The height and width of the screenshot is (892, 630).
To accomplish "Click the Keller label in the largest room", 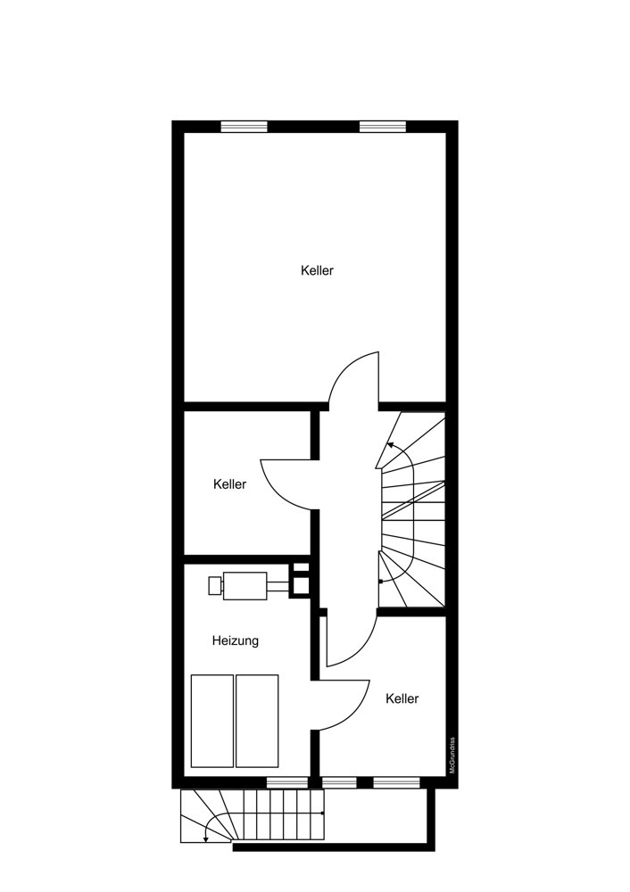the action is (x=317, y=271).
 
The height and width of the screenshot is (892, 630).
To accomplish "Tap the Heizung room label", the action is (x=235, y=641).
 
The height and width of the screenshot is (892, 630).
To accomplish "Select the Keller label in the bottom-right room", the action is (x=402, y=698).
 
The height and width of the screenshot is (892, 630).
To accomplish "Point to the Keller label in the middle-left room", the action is (x=230, y=484).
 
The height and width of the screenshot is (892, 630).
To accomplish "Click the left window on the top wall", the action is (x=245, y=127).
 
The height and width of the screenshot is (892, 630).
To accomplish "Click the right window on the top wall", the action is (x=383, y=127).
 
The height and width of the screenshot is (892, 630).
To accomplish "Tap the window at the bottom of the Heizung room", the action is (x=287, y=783).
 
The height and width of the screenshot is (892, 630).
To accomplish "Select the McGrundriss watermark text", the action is (x=452, y=756).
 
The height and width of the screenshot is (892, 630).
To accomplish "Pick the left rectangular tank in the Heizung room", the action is (x=212, y=721).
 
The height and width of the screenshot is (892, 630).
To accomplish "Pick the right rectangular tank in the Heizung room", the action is (x=257, y=721).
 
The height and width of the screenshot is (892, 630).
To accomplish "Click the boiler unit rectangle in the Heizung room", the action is (x=245, y=586).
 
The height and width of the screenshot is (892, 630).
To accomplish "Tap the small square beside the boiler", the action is (x=214, y=586).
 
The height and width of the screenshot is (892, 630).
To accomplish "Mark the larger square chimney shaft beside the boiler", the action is (x=301, y=586).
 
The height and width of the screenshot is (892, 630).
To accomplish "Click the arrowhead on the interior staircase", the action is (x=391, y=445).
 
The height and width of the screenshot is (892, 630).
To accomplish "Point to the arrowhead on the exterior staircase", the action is (x=205, y=838).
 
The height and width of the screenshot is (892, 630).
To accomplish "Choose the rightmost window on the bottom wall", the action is (x=396, y=783).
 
